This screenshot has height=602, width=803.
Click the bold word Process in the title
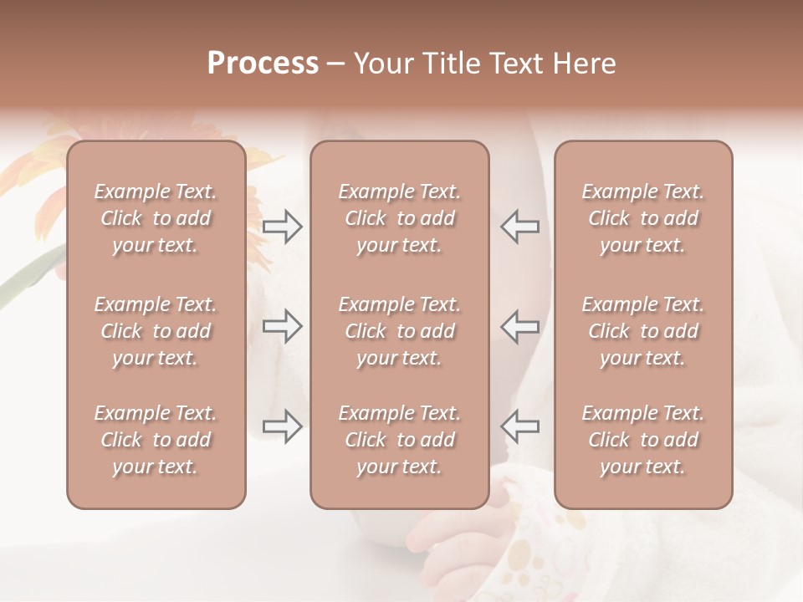click(263, 64)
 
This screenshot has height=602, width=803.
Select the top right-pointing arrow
click(283, 227)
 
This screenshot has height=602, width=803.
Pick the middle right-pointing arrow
click(283, 326)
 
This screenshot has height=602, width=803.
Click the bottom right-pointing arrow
click(283, 426)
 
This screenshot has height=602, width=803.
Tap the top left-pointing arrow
click(519, 227)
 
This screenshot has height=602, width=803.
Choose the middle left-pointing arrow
click(519, 326)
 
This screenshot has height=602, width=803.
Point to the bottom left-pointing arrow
click(519, 426)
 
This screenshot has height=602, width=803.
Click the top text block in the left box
click(156, 218)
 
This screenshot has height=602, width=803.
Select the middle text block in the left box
click(156, 331)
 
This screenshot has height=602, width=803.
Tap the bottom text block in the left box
click(156, 440)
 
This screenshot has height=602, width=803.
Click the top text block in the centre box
click(399, 218)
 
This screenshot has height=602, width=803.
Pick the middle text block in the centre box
click(399, 331)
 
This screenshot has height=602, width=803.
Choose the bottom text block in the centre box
click(399, 440)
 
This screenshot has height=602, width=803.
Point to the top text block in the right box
click(642, 218)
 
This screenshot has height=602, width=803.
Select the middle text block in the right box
click(642, 331)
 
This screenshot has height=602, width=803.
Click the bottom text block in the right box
click(642, 440)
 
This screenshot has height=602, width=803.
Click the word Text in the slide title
click(519, 64)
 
